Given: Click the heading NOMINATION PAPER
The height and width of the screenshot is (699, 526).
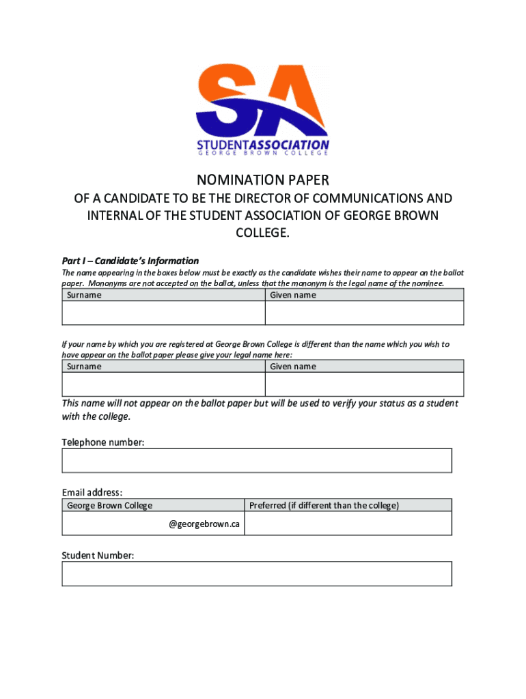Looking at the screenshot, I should click(x=263, y=181).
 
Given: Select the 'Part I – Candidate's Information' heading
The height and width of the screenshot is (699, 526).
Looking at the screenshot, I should click(x=130, y=261).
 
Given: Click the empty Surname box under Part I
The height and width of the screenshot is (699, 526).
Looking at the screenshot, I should click(x=163, y=313).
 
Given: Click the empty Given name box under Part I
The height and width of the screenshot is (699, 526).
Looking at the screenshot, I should click(x=364, y=313).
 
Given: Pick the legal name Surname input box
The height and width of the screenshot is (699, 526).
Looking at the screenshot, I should click(x=163, y=384).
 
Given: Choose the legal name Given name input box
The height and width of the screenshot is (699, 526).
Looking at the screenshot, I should click(x=364, y=384).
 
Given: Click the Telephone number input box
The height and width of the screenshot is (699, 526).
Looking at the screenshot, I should click(x=257, y=460).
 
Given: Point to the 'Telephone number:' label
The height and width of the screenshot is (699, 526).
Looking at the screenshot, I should click(x=103, y=442).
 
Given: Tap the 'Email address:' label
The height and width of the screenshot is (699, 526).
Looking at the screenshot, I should click(x=92, y=492).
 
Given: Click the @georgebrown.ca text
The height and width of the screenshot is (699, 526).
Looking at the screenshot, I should click(x=204, y=524).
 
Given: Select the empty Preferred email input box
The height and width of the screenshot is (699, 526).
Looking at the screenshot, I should click(x=348, y=524).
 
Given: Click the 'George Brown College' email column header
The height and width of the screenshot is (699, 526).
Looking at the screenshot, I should click(x=110, y=506).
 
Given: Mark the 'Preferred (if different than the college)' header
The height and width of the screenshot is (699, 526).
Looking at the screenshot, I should click(x=324, y=506).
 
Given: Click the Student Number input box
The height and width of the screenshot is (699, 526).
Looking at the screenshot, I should click(x=257, y=573).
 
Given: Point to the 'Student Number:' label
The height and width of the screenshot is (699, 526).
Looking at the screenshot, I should click(x=98, y=556).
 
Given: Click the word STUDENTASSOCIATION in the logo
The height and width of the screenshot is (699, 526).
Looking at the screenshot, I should click(x=263, y=145).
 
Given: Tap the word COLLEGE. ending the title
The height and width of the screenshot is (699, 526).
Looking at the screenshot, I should click(x=263, y=233).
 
